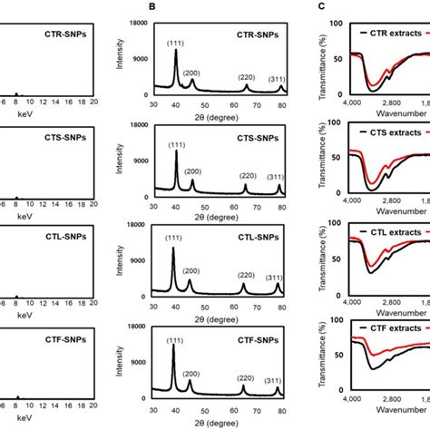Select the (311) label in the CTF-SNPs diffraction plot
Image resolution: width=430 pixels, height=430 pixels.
tap(278, 381)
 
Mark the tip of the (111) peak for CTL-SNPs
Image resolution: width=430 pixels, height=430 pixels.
tap(173, 248)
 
